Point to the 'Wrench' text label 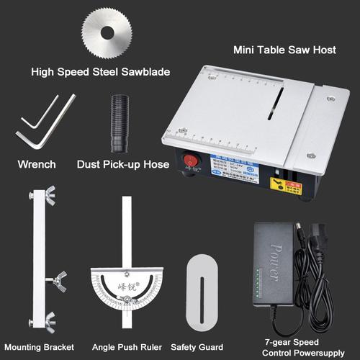pos(36,165)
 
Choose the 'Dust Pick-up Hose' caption pos(123,165)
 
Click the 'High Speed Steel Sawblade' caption pos(100,72)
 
